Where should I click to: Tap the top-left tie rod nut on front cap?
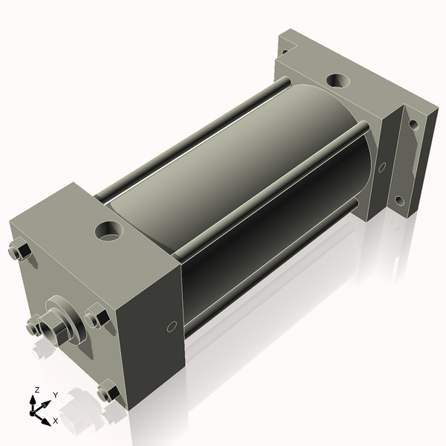tap(19, 253)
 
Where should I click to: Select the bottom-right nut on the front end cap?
tap(109, 392)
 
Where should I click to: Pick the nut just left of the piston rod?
tap(33, 324)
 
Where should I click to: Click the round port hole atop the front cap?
tap(109, 230)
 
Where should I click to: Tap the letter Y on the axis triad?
tap(55, 395)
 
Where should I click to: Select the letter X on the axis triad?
tap(55, 421)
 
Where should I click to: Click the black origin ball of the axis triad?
tap(35, 410)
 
